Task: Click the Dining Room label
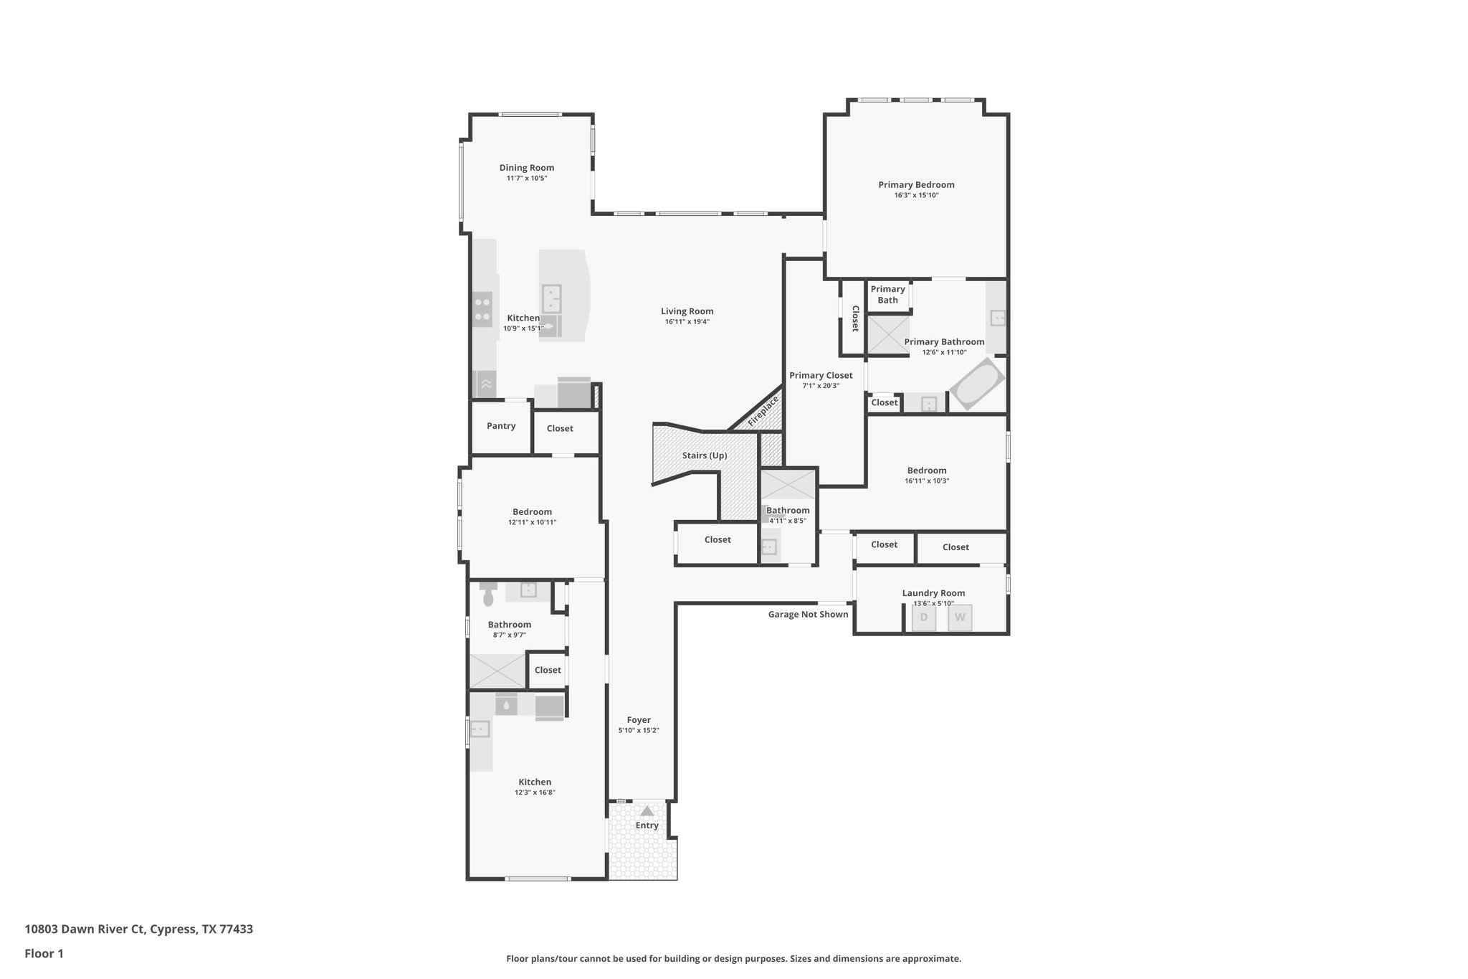(527, 168)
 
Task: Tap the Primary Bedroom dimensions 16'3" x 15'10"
(916, 195)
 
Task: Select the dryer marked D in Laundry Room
(923, 618)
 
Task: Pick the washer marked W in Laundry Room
(960, 618)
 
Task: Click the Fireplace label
(763, 412)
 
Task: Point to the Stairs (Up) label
(705, 455)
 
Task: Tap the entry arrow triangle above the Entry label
(647, 811)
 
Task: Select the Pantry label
(501, 426)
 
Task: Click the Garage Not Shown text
(808, 614)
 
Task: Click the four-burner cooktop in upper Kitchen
(482, 310)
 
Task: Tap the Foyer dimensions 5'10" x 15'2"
(639, 730)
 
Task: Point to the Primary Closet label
(821, 375)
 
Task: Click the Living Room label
(687, 311)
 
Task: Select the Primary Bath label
(887, 295)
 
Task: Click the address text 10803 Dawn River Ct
(84, 929)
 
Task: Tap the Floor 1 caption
(44, 953)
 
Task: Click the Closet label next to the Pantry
(560, 428)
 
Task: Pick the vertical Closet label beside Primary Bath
(855, 318)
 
